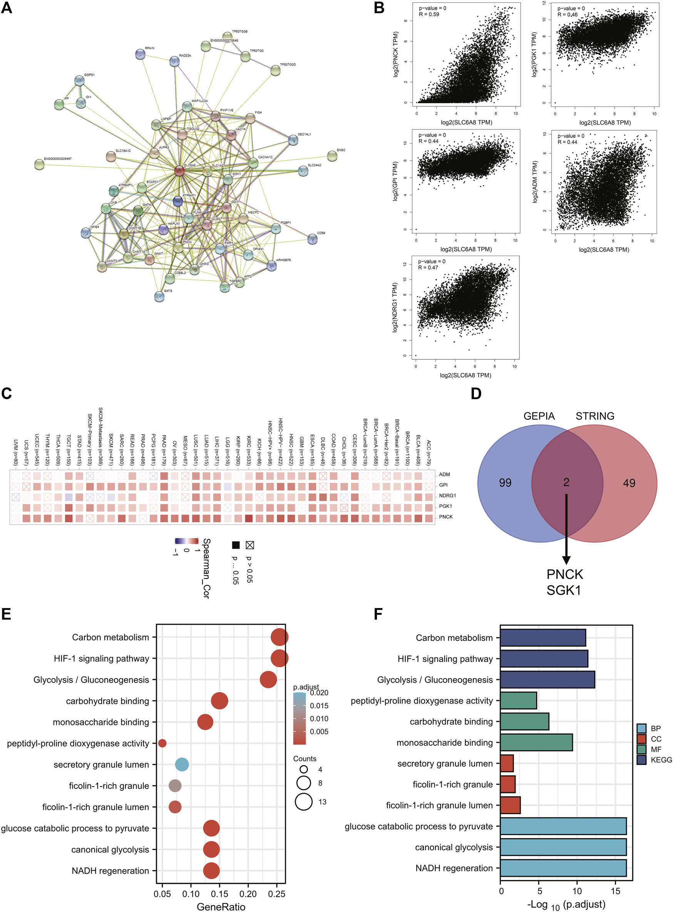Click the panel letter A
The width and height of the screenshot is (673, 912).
7,8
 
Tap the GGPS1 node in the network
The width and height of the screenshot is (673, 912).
79,81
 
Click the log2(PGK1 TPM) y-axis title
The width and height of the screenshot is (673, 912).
534,55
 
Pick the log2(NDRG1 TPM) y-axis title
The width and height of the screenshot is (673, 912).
395,307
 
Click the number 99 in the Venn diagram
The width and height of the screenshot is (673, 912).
505,483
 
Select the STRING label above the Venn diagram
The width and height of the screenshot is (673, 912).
595,416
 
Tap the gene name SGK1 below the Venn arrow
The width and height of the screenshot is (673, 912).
564,590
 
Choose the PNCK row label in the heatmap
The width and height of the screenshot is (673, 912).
446,517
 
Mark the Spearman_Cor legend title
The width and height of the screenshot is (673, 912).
206,568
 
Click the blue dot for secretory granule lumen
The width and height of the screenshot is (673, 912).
182,764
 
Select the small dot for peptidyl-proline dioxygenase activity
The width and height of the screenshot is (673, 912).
162,743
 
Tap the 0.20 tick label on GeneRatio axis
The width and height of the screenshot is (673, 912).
248,894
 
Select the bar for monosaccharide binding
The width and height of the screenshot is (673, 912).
536,743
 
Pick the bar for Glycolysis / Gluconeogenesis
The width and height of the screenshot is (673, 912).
547,680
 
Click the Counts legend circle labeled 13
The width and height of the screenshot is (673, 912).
304,801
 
